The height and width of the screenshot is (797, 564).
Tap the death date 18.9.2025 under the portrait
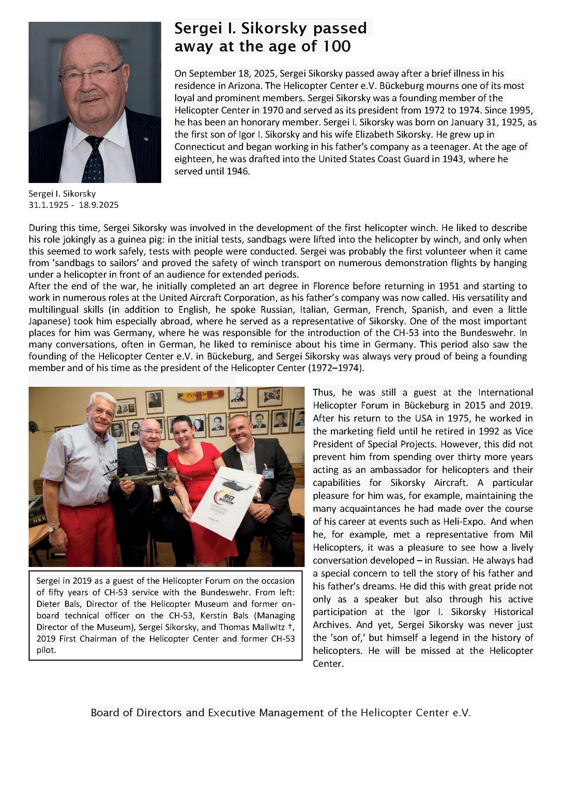[98, 205]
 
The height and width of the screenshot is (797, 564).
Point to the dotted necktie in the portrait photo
[93, 160]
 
